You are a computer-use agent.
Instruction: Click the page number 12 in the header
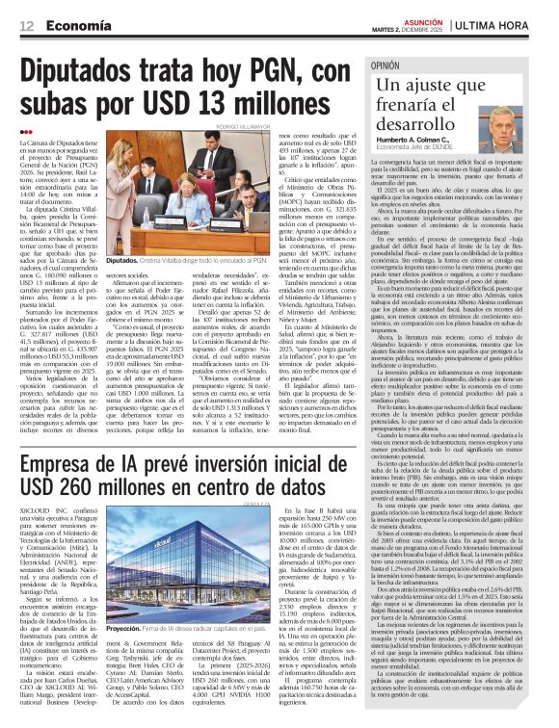[25, 27]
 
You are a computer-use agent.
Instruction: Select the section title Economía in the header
[78, 27]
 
